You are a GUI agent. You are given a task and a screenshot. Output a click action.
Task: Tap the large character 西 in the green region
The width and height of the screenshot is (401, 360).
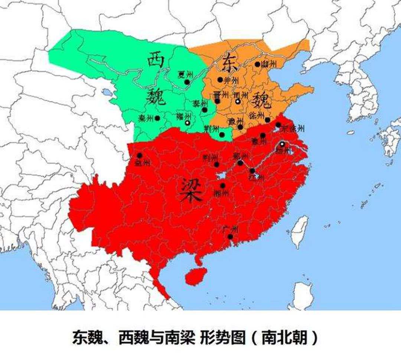point(156,59)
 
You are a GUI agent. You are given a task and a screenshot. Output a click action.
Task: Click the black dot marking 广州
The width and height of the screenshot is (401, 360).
point(230,236)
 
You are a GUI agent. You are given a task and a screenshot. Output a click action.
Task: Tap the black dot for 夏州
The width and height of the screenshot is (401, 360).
point(187,82)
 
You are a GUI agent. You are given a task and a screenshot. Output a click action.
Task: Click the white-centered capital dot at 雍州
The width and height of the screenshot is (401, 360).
point(188,122)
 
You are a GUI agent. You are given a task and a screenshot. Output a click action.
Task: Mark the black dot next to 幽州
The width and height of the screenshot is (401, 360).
point(257,64)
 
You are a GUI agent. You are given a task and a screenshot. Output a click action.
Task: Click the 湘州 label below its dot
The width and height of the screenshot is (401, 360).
point(222,193)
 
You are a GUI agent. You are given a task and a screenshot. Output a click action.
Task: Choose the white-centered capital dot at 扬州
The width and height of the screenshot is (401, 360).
point(282,144)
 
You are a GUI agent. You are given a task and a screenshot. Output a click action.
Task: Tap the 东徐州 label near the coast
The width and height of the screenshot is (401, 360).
point(293,129)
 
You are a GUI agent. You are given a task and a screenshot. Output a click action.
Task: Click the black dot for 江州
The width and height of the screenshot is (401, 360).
point(252,171)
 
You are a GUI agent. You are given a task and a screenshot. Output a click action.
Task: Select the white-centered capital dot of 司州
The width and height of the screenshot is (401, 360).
point(238,101)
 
